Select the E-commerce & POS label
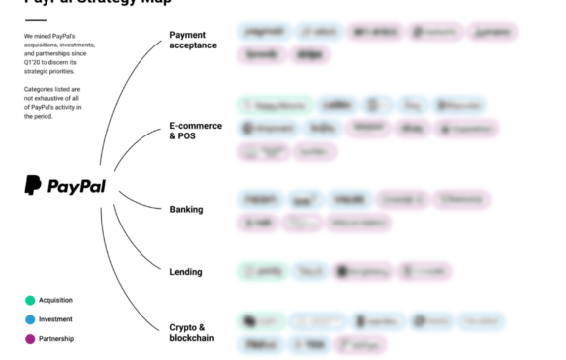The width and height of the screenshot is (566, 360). pyautogui.click(x=195, y=132)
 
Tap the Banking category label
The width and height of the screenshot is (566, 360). pyautogui.click(x=186, y=209)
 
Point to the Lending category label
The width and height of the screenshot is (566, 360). pyautogui.click(x=186, y=272)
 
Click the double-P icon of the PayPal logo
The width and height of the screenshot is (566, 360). pyautogui.click(x=33, y=185)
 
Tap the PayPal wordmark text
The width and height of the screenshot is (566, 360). pyautogui.click(x=77, y=186)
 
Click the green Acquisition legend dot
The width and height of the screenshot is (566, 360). pyautogui.click(x=30, y=300)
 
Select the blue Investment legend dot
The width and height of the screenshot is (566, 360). pyautogui.click(x=30, y=319)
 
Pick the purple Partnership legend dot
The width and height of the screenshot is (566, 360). pyautogui.click(x=30, y=339)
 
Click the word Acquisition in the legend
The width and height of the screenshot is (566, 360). pyautogui.click(x=55, y=300)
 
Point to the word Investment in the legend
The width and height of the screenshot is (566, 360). pyautogui.click(x=55, y=319)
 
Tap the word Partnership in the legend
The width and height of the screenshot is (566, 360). pyautogui.click(x=55, y=339)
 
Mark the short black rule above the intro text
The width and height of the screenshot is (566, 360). pyautogui.click(x=35, y=20)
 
